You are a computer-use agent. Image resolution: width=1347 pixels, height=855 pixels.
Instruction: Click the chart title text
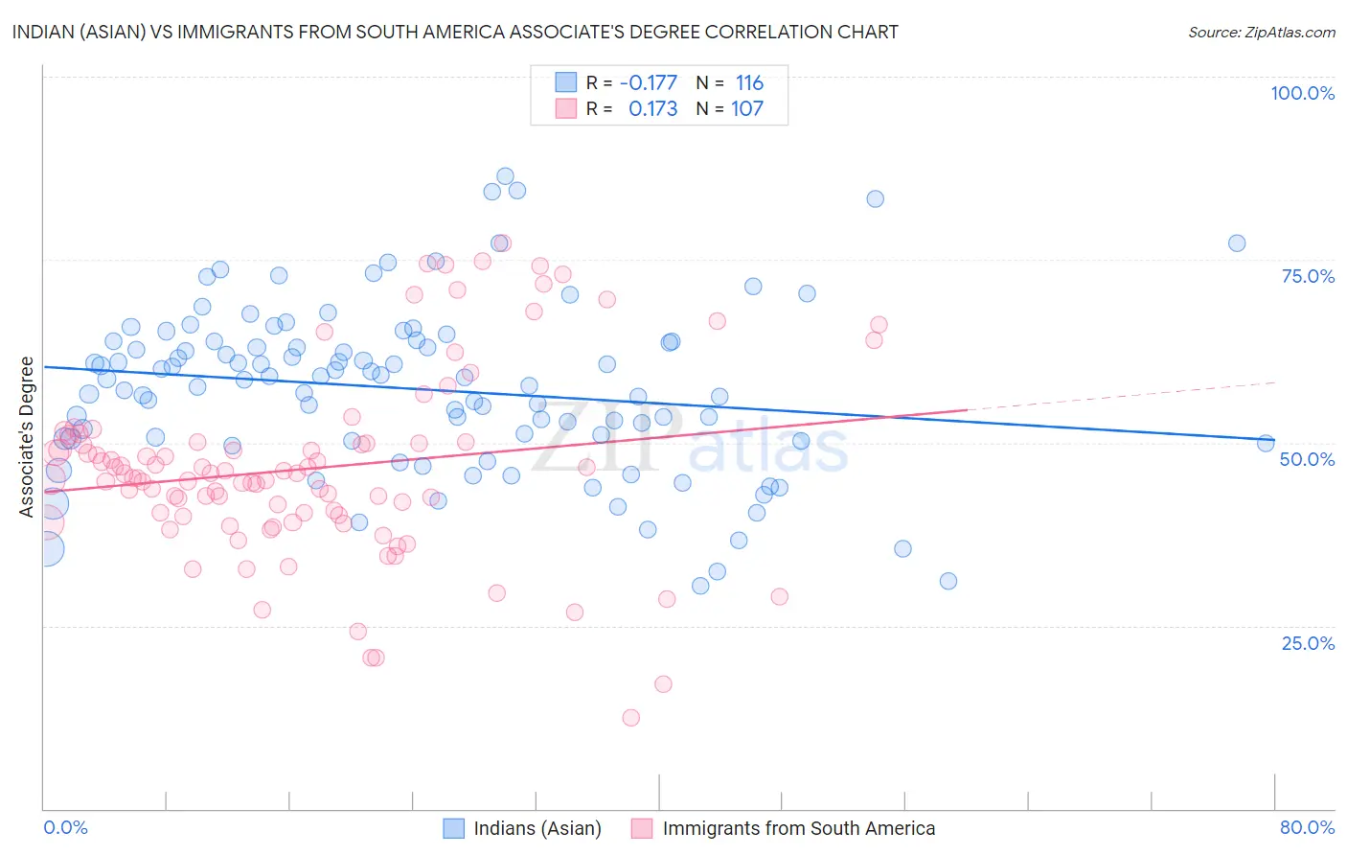[455, 32]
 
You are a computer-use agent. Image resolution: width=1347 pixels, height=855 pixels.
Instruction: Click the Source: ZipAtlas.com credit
[1261, 32]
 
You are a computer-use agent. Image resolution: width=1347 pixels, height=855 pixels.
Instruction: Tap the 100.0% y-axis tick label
[1302, 93]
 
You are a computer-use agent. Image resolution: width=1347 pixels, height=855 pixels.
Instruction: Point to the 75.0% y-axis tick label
[1308, 276]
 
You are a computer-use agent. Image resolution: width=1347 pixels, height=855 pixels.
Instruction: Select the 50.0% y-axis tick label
[1307, 459]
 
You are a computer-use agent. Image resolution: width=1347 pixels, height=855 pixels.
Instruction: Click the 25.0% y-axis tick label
[1308, 643]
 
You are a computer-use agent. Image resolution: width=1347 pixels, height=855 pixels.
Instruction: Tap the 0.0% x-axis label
[65, 827]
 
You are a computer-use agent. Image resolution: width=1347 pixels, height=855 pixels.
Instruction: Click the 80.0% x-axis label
[1307, 827]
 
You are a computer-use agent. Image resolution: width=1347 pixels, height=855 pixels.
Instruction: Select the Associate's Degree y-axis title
[27, 437]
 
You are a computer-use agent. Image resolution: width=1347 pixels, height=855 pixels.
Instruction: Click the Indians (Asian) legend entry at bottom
[521, 828]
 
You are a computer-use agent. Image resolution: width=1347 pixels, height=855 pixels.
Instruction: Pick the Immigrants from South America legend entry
[784, 828]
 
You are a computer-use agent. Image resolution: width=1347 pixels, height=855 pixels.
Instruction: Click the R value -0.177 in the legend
[649, 83]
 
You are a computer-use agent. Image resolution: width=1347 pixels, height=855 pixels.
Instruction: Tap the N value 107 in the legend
[747, 109]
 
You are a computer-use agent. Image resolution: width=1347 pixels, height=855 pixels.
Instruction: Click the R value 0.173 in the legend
[652, 109]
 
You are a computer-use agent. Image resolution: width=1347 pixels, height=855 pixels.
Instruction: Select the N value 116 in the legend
[749, 83]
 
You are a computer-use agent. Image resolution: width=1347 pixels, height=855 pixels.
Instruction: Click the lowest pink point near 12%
[630, 718]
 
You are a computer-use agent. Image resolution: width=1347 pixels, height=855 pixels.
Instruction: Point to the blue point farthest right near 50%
[1266, 443]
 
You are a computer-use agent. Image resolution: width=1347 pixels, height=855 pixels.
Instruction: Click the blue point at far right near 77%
[1237, 243]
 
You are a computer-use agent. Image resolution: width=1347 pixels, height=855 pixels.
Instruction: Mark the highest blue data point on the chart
[505, 176]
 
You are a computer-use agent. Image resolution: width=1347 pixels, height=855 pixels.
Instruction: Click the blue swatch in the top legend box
[566, 82]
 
